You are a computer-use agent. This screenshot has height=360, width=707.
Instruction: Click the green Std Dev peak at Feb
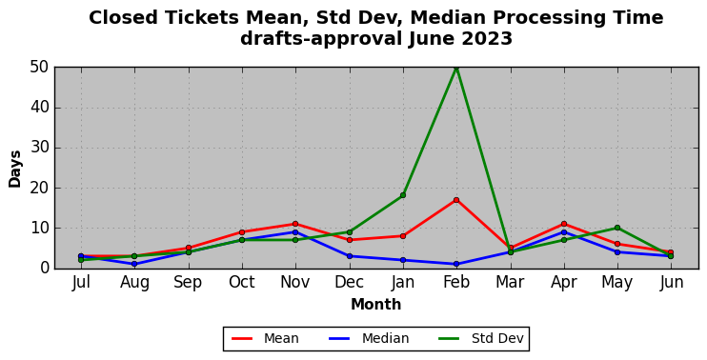[x=456, y=68]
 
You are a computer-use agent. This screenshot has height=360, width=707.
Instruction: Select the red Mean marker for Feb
[x=456, y=200]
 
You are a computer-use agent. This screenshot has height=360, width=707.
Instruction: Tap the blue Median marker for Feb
[x=456, y=264]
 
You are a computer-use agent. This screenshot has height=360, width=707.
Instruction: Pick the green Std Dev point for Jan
[x=403, y=195]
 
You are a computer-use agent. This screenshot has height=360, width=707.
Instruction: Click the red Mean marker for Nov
[x=295, y=224]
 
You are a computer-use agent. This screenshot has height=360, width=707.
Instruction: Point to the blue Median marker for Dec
[x=350, y=256]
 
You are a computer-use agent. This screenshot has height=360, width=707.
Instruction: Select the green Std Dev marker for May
[x=617, y=228]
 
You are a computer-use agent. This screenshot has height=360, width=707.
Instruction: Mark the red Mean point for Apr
[x=564, y=224]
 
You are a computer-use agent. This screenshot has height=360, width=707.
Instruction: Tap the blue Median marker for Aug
[x=134, y=264]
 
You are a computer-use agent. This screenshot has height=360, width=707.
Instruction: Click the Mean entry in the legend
[x=265, y=338]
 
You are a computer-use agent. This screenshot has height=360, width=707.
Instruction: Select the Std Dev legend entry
[x=481, y=338]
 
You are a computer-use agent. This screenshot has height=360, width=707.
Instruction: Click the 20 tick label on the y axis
[x=40, y=189]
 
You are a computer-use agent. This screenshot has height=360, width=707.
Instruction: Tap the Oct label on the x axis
[x=242, y=283]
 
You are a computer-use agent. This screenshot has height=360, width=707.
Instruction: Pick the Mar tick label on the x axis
[x=510, y=283]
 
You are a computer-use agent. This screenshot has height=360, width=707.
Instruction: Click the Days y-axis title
[x=15, y=169]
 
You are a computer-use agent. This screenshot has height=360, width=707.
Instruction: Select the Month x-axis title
[x=376, y=305]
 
